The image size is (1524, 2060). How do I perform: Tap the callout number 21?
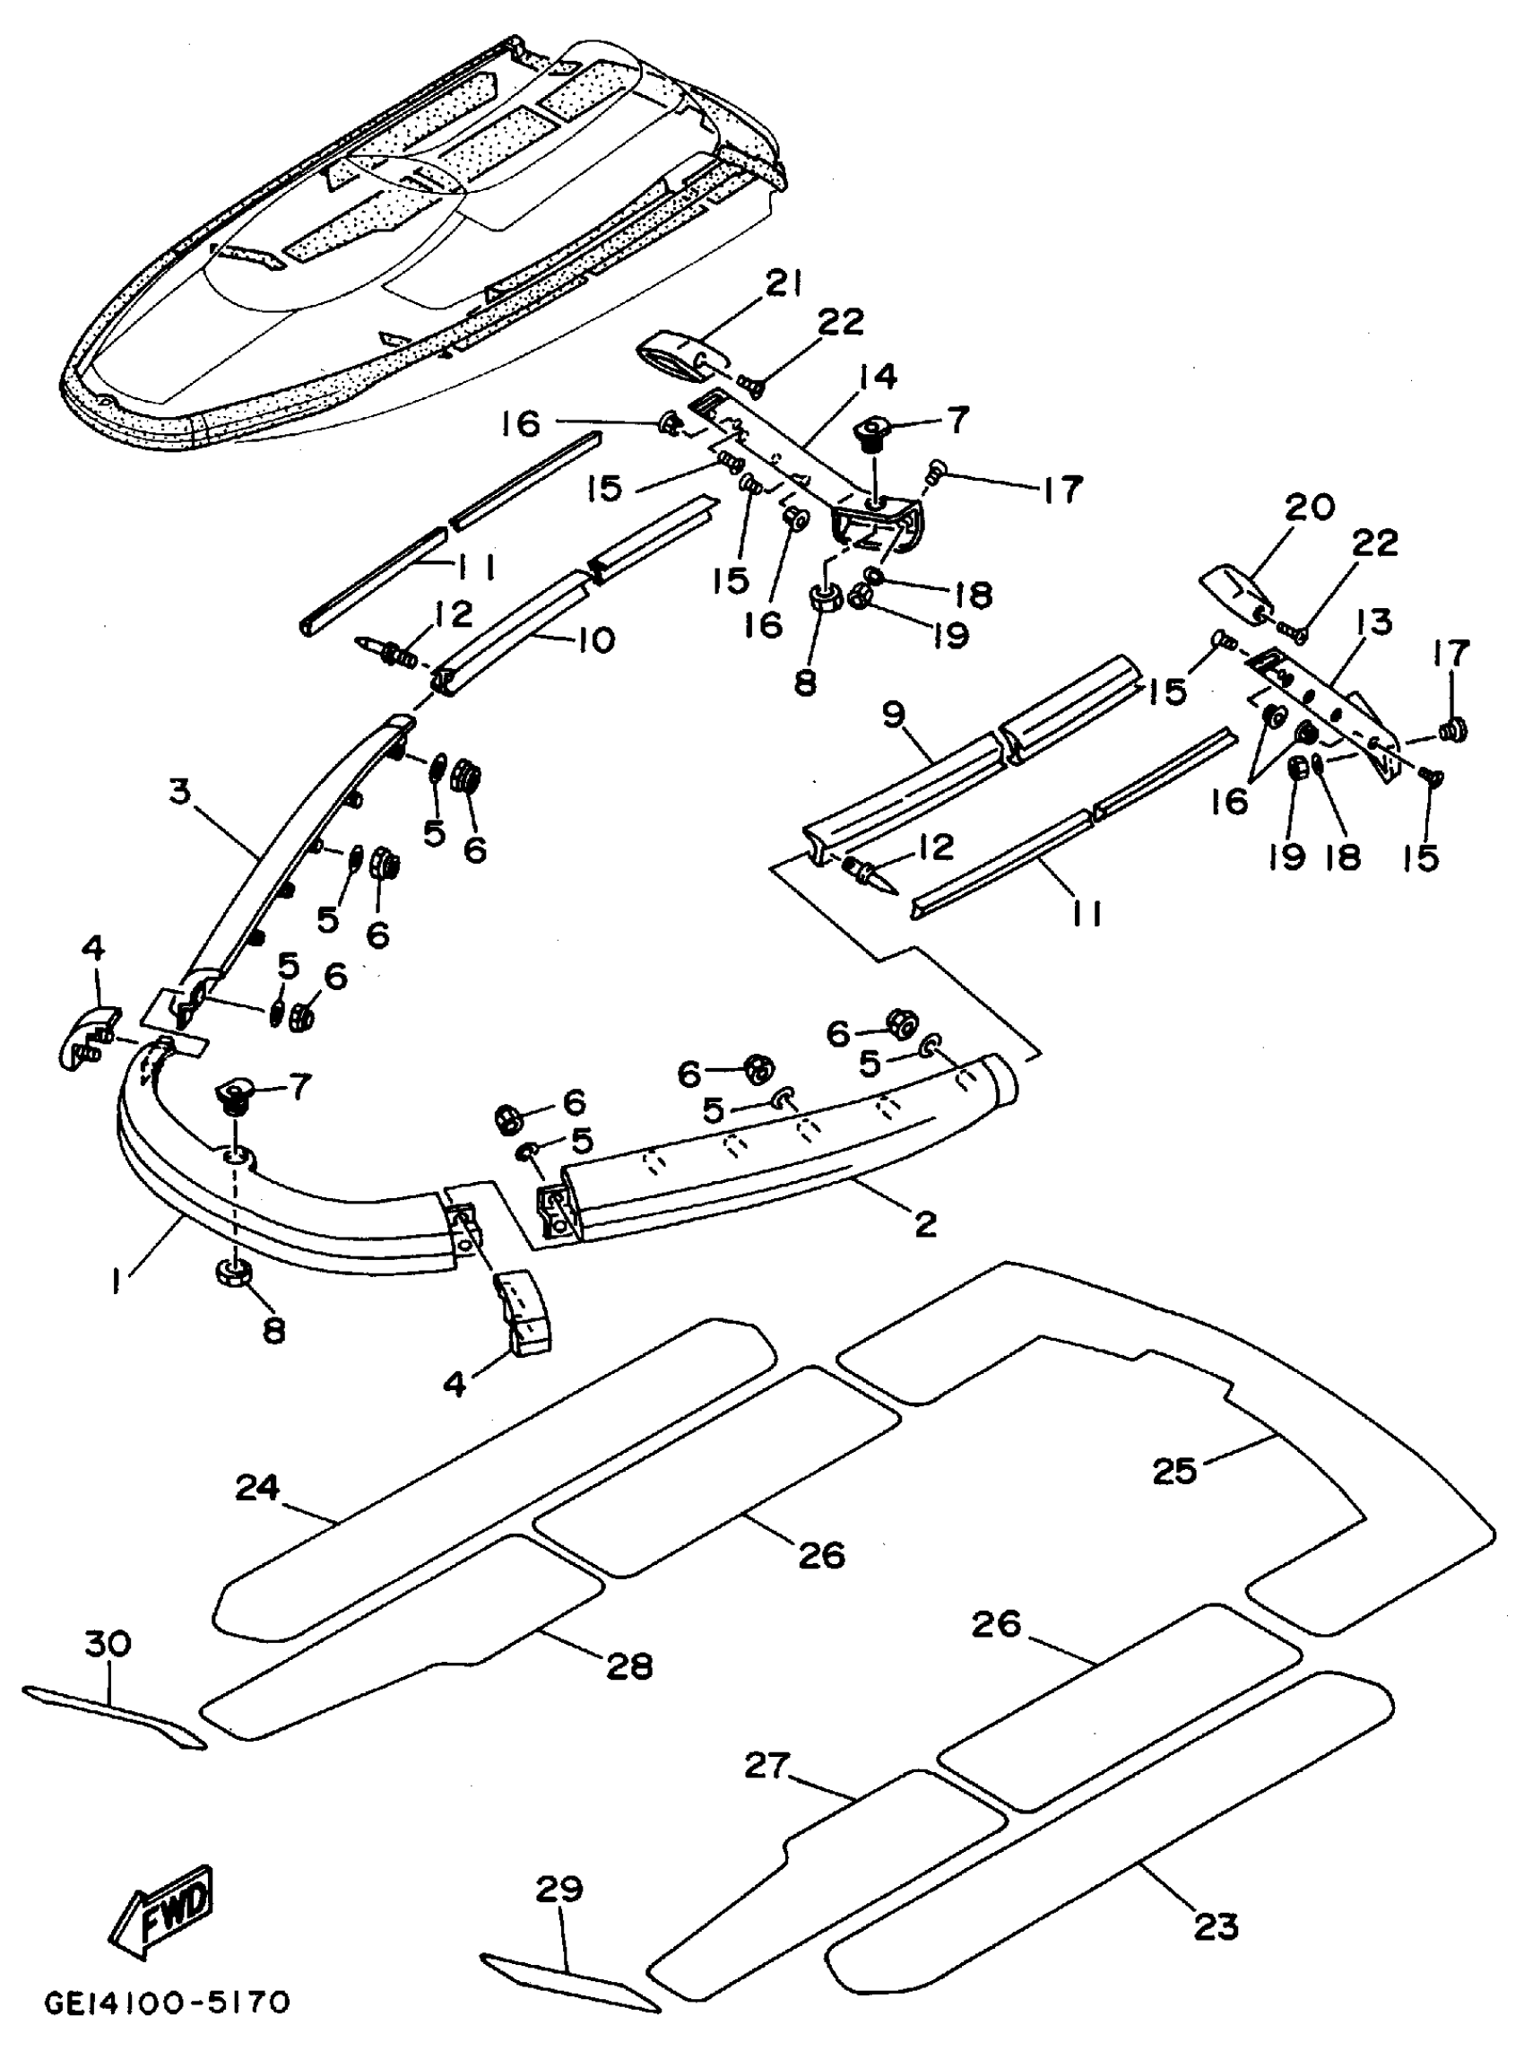click(x=784, y=286)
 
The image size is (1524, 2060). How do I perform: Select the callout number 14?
click(x=877, y=378)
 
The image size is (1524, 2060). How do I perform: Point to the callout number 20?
click(x=1309, y=508)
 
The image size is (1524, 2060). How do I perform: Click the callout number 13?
click(x=1373, y=622)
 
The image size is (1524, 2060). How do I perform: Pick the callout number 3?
click(x=179, y=792)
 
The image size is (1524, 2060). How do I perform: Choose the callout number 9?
click(x=894, y=716)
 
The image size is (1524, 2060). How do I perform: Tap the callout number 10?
click(x=596, y=639)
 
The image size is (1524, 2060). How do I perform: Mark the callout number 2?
click(x=924, y=1224)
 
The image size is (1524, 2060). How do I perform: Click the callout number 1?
click(x=117, y=1281)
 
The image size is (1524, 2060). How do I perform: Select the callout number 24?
click(x=257, y=1488)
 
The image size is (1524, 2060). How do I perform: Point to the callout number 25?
click(x=1174, y=1470)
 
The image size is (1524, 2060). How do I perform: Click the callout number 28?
click(x=629, y=1665)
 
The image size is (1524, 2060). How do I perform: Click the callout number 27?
click(x=767, y=1766)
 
